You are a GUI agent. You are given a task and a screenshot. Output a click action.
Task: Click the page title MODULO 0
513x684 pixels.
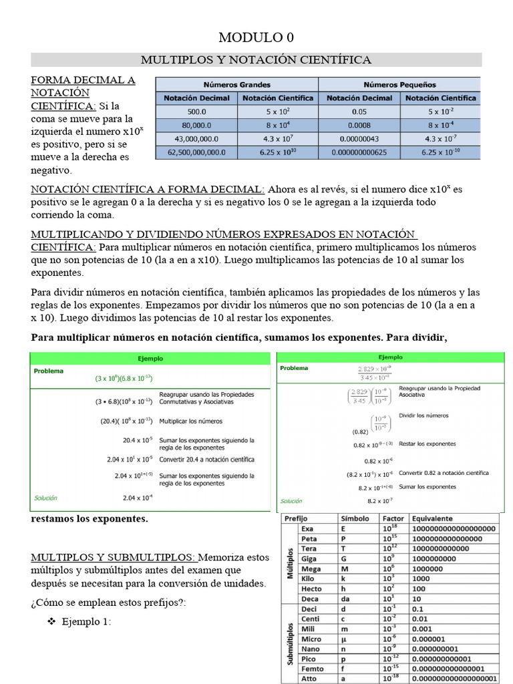tap(256, 37)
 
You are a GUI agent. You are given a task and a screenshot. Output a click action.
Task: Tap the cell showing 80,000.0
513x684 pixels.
tap(196, 125)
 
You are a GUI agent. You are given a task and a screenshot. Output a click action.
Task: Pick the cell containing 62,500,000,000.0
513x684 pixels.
tap(196, 152)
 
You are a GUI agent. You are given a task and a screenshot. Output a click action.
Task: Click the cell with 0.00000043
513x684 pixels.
tap(359, 138)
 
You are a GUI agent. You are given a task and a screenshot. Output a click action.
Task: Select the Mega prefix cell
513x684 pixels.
tap(311, 568)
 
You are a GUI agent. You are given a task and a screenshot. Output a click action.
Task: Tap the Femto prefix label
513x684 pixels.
tap(313, 669)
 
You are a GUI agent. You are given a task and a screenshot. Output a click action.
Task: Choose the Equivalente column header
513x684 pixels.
tap(432, 518)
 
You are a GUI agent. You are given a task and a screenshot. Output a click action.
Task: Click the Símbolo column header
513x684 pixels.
tap(355, 518)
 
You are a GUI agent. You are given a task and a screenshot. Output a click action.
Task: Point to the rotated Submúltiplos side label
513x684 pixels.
tap(290, 638)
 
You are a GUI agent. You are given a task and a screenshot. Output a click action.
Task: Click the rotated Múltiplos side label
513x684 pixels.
tap(290, 558)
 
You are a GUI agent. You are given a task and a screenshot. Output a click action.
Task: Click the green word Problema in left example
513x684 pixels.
tap(47, 370)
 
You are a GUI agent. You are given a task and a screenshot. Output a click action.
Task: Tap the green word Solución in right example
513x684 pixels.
tap(291, 501)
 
